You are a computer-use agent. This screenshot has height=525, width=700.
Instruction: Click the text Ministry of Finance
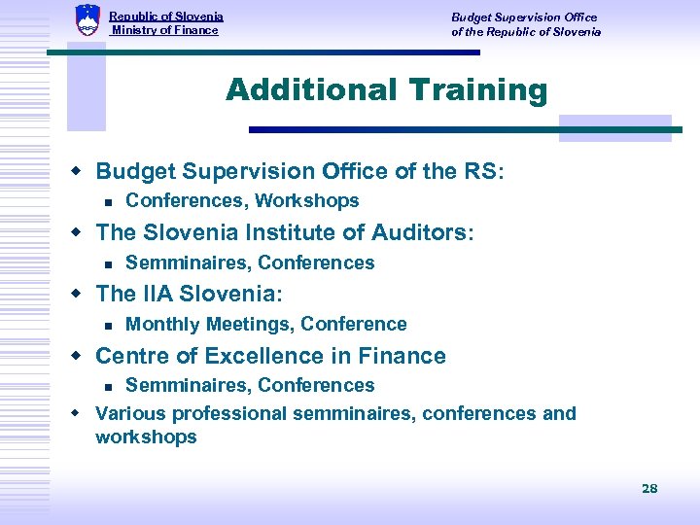(165, 30)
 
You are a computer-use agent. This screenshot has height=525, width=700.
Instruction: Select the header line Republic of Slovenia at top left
(166, 17)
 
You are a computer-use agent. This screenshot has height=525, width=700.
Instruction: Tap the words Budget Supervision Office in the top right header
(524, 17)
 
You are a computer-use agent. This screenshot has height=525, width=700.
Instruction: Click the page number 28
(649, 488)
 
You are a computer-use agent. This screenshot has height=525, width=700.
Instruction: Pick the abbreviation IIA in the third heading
(160, 294)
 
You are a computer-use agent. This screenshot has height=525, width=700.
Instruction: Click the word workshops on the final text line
(146, 437)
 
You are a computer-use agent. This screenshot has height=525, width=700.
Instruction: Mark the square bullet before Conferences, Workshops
(109, 202)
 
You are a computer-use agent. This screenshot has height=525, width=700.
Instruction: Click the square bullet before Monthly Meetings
(109, 325)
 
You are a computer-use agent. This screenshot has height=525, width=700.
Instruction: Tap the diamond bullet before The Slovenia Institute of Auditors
(82, 233)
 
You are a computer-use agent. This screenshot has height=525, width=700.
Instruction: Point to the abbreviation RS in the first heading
(481, 171)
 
